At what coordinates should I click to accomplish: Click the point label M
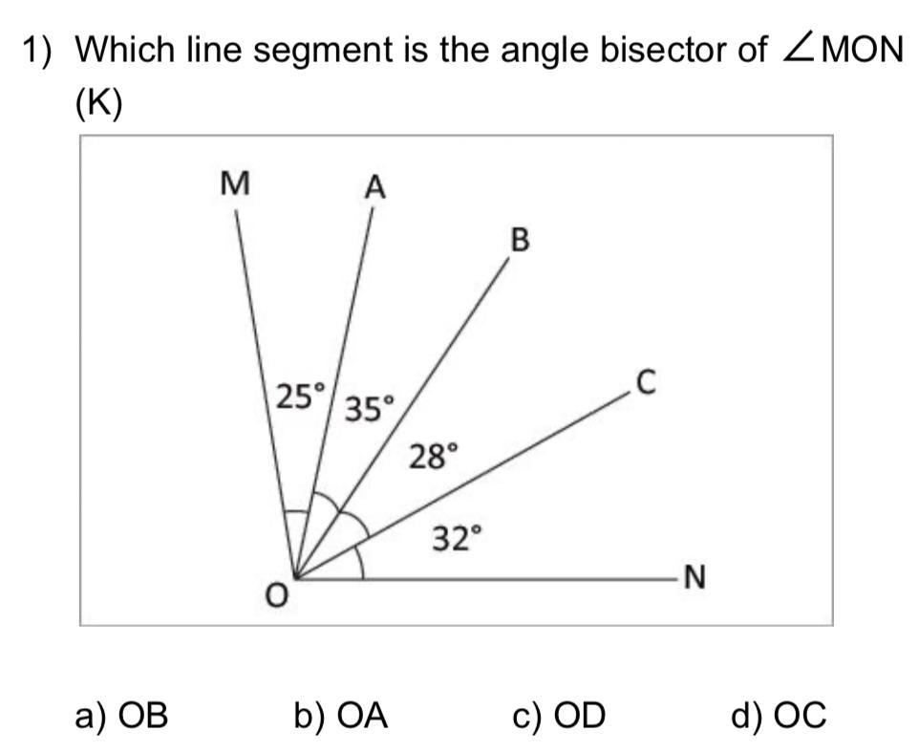[x=230, y=183]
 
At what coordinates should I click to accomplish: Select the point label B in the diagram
[x=520, y=240]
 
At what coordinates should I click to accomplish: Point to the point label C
[x=645, y=383]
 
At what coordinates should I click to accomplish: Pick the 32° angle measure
[x=453, y=540]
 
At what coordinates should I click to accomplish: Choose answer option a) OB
[x=121, y=715]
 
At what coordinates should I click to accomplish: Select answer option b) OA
[x=341, y=715]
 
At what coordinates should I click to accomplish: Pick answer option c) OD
[x=561, y=715]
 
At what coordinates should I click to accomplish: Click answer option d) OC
[x=780, y=715]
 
